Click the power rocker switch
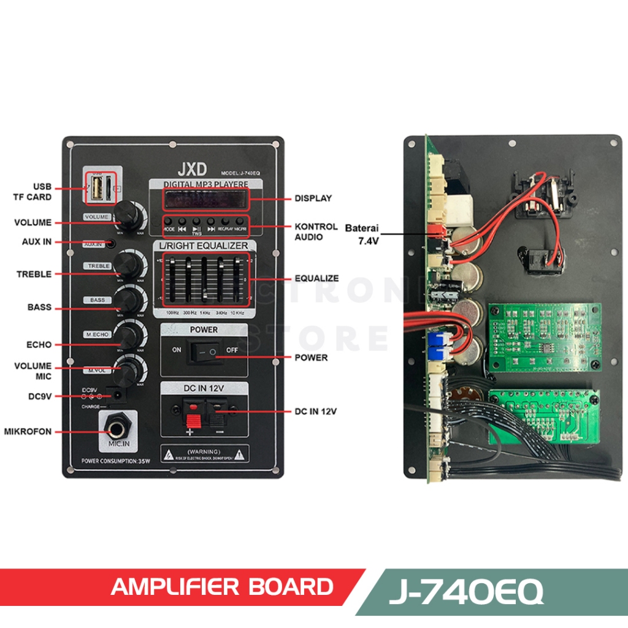[x=204, y=352]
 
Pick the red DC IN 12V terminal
[x=193, y=415]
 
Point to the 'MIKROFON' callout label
[x=28, y=431]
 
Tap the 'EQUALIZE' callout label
[x=316, y=278]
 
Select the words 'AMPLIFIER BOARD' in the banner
[x=222, y=587]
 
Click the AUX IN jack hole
[x=110, y=243]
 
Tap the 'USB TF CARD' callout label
[x=34, y=191]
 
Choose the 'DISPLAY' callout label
[x=313, y=198]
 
